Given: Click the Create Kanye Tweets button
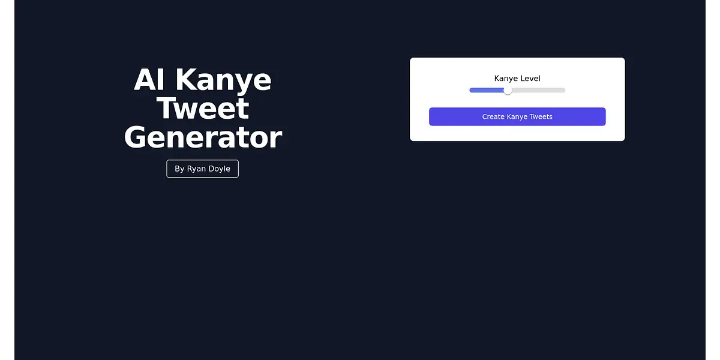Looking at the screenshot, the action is tap(517, 116).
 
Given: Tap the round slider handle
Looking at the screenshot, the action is tap(508, 91).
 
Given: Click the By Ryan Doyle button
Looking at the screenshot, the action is tap(203, 169).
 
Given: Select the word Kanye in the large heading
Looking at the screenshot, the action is tap(223, 80).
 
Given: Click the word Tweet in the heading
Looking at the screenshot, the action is tap(203, 109).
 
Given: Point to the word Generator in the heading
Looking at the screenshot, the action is tap(203, 137).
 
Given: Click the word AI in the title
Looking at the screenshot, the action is tap(149, 79).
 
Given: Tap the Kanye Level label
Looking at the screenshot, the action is tap(517, 79).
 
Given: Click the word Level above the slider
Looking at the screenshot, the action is tap(530, 78).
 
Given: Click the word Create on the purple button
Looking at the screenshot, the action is tap(493, 116).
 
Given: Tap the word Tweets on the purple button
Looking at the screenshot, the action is tap(541, 116).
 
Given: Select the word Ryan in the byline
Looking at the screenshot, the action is tap(196, 169).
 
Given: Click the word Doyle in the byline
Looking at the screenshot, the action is tap(220, 169).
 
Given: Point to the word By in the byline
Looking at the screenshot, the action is tap(179, 169).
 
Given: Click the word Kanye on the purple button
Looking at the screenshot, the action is tap(517, 116).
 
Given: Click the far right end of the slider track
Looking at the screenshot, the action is tap(565, 91).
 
